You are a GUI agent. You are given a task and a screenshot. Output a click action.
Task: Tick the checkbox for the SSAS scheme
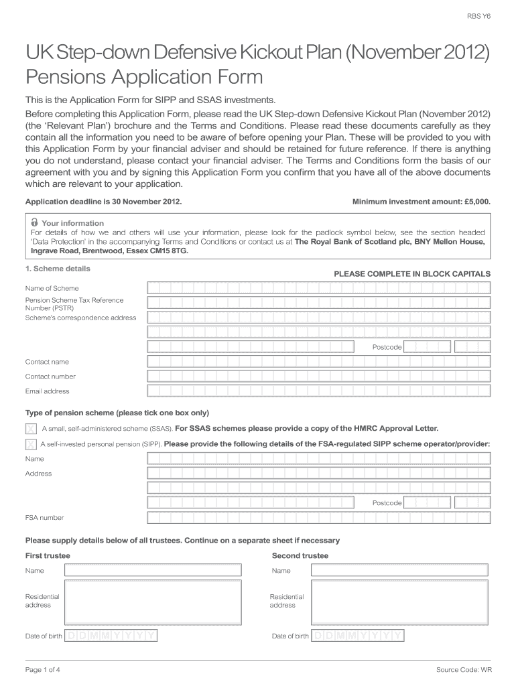click(31, 429)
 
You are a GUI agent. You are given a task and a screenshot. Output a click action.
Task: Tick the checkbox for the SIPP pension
click(31, 444)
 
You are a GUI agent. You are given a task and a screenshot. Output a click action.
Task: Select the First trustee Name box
click(153, 571)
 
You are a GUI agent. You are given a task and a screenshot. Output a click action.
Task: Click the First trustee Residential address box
click(153, 602)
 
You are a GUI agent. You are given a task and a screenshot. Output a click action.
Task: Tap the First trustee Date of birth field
click(111, 636)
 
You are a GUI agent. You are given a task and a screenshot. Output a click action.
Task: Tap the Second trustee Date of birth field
click(359, 636)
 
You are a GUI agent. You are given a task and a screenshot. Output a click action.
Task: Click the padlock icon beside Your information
click(34, 222)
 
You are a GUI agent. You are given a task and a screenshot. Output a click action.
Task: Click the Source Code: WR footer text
click(463, 670)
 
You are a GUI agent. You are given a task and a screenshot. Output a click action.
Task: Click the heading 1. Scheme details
click(58, 269)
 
